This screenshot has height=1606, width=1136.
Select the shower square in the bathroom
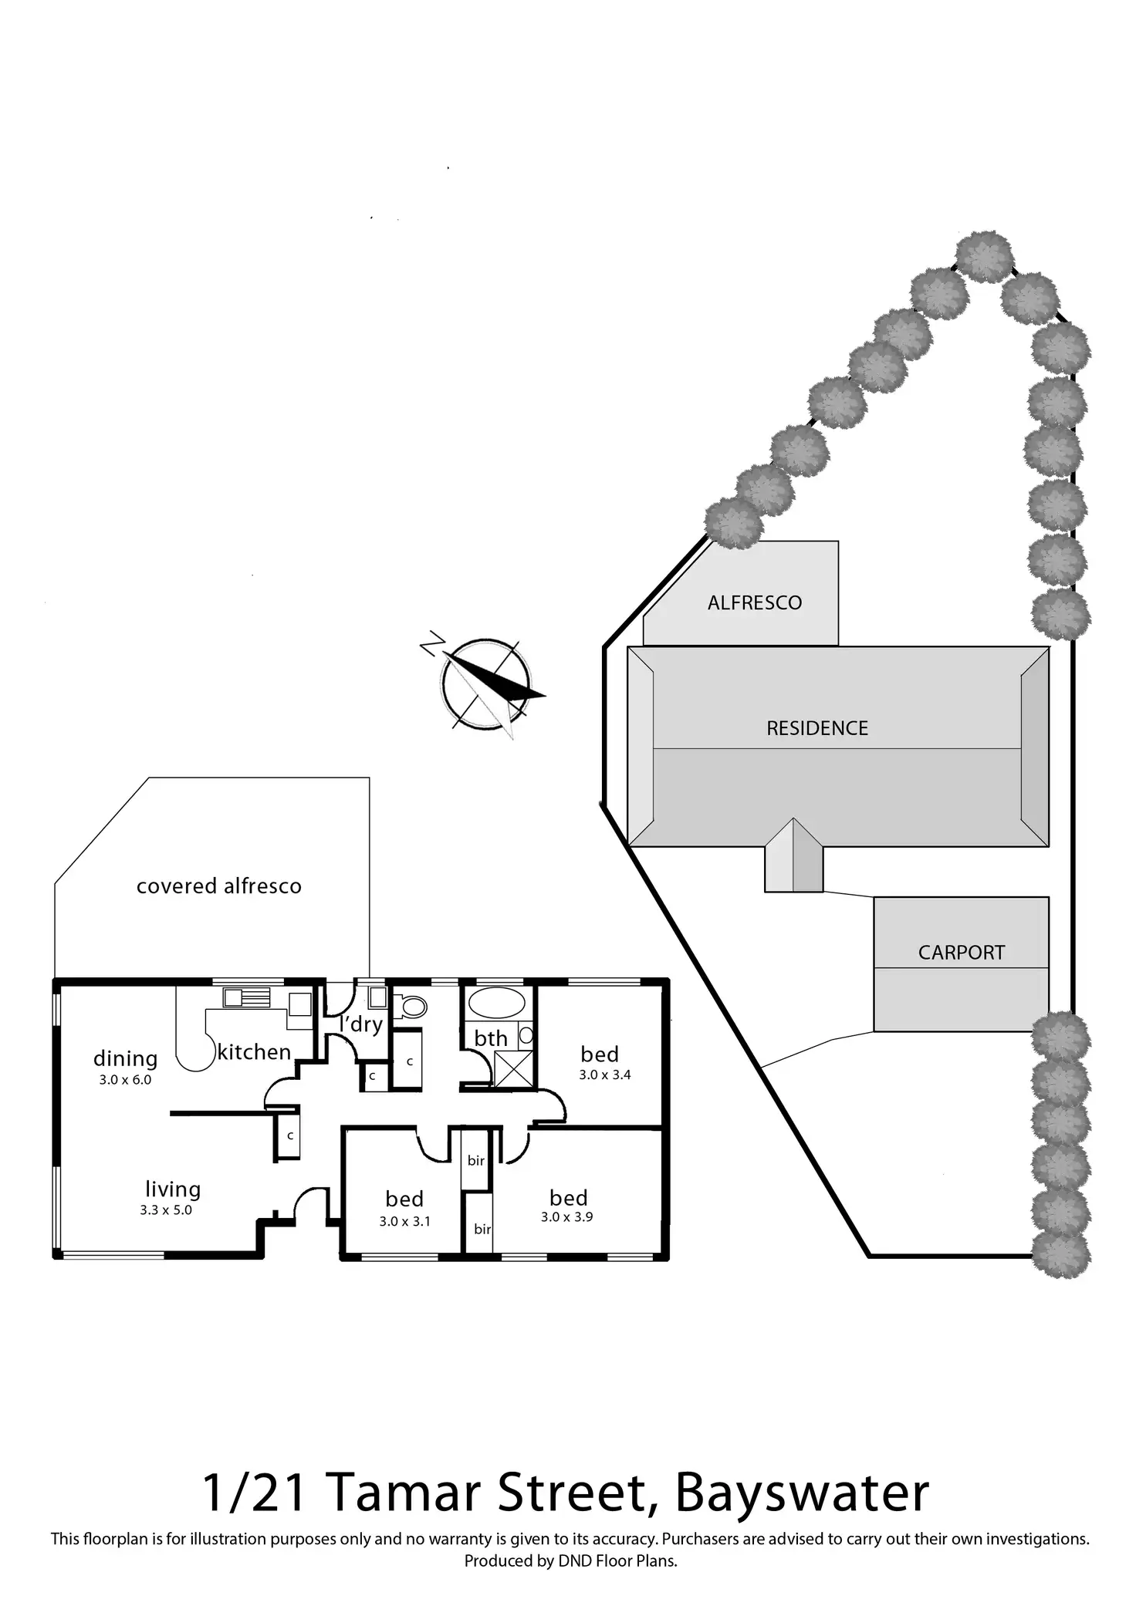tap(513, 1068)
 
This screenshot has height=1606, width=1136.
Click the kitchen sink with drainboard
tap(247, 997)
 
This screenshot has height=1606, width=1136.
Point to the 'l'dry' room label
tap(361, 1024)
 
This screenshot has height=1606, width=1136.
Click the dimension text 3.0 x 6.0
tap(125, 1080)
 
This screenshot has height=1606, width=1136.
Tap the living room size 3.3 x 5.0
tap(166, 1210)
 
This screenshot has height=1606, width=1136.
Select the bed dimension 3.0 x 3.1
tap(404, 1221)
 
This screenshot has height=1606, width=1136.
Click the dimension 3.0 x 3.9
tap(567, 1217)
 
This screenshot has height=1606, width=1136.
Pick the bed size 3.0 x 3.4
tap(605, 1075)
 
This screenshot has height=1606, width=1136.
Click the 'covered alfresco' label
tap(219, 886)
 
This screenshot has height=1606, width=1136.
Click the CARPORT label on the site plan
tap(962, 953)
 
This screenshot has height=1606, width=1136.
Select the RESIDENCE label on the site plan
tap(817, 728)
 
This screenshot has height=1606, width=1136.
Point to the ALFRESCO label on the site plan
tap(755, 602)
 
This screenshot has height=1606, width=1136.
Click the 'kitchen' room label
tap(254, 1052)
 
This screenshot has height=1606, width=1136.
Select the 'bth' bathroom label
tap(491, 1038)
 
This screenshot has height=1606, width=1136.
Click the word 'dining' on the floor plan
tap(125, 1058)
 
